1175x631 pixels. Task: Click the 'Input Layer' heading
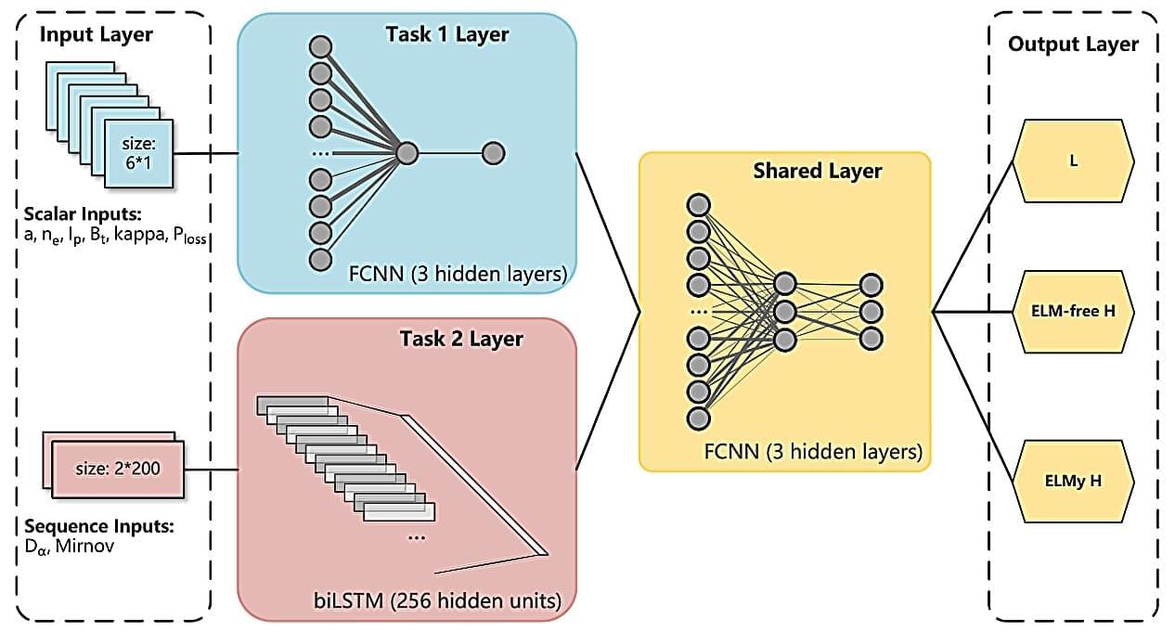click(x=96, y=36)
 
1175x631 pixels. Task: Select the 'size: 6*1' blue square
click(x=137, y=154)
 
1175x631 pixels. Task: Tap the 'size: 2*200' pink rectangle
click(x=118, y=469)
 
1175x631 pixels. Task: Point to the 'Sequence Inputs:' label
click(x=94, y=527)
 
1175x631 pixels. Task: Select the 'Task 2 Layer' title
click(x=461, y=339)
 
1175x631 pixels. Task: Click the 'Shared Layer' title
click(x=817, y=171)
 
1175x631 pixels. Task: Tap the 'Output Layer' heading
click(x=1073, y=44)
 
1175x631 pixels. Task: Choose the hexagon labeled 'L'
click(x=1073, y=161)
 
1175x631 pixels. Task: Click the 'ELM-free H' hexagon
click(x=1073, y=311)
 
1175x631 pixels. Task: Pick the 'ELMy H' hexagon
click(x=1073, y=482)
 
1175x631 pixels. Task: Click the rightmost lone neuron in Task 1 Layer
click(x=493, y=153)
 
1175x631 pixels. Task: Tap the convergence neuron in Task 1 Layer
click(x=406, y=153)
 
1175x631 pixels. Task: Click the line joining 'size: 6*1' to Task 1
click(x=205, y=154)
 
